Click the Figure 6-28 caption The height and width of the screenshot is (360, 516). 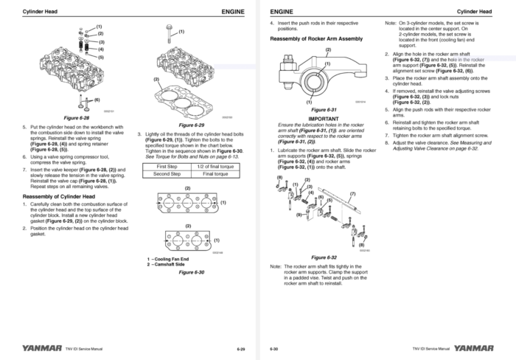point(77,117)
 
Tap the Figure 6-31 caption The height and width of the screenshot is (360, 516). point(323,109)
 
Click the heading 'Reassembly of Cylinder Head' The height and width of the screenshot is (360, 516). point(58,197)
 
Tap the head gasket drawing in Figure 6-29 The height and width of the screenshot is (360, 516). point(192,97)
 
